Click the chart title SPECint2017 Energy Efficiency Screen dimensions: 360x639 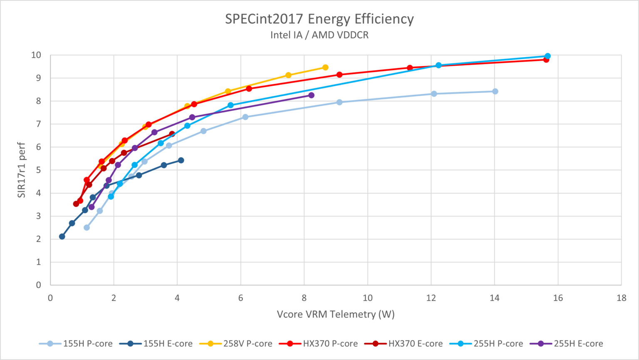(x=319, y=19)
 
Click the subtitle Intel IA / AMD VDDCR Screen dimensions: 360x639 (x=319, y=35)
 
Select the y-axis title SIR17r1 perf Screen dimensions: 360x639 (x=22, y=170)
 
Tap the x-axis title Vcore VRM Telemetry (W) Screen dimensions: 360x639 (x=335, y=314)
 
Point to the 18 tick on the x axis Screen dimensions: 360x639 (x=622, y=298)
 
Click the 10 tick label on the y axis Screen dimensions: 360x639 (x=36, y=55)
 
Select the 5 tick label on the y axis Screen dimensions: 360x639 (x=38, y=170)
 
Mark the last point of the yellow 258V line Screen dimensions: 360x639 (x=325, y=67)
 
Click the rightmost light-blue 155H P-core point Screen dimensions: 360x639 (x=495, y=92)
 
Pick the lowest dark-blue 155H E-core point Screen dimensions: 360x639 (x=62, y=236)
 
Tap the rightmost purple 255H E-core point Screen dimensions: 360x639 (x=311, y=95)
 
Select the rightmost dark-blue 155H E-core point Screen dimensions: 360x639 (x=181, y=160)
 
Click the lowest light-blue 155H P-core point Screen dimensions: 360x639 (x=87, y=228)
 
